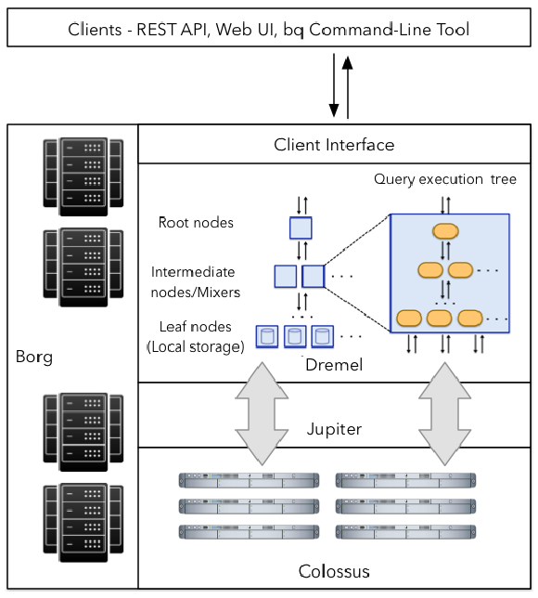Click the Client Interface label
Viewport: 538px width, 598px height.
pyautogui.click(x=334, y=145)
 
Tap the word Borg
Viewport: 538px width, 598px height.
pyautogui.click(x=34, y=357)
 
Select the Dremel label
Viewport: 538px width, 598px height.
pyautogui.click(x=334, y=365)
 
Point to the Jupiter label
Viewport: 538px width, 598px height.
pyautogui.click(x=334, y=429)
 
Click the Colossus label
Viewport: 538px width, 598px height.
pyautogui.click(x=334, y=571)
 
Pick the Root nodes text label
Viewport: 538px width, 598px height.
pyautogui.click(x=196, y=222)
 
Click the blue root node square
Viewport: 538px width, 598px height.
pyautogui.click(x=301, y=228)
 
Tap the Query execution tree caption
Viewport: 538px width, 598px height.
pyautogui.click(x=445, y=179)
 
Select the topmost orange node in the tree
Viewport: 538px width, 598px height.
pyautogui.click(x=445, y=231)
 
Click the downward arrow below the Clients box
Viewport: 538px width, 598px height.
pyautogui.click(x=334, y=85)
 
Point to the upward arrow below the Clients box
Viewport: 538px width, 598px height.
pyautogui.click(x=348, y=87)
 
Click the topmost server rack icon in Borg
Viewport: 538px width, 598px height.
pyautogui.click(x=83, y=176)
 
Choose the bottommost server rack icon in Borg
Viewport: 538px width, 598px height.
pyautogui.click(x=83, y=523)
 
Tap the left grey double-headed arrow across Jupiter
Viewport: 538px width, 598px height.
pyautogui.click(x=262, y=414)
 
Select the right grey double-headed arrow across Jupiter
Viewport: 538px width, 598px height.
pyautogui.click(x=444, y=414)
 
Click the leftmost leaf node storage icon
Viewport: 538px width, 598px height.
pyautogui.click(x=267, y=336)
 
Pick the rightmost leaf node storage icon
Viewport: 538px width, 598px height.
pyautogui.click(x=323, y=336)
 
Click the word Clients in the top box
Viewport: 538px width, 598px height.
pyautogui.click(x=95, y=30)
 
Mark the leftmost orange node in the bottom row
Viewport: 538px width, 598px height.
pyautogui.click(x=409, y=318)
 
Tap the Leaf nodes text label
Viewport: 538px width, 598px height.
pyautogui.click(x=195, y=327)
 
